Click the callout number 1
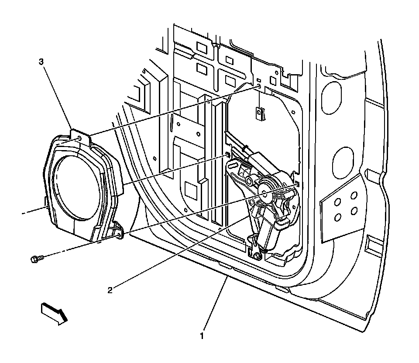coord(202,336)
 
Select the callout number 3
coord(41,62)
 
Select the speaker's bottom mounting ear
coord(118,233)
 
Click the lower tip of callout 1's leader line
coord(227,278)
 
